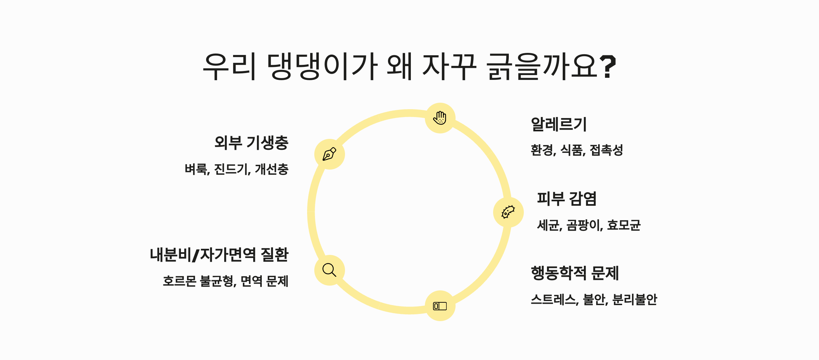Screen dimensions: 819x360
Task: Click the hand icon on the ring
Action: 440,118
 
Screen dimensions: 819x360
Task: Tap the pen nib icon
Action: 329,154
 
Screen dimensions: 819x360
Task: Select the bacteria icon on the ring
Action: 508,212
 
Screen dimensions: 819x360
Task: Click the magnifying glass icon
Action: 329,270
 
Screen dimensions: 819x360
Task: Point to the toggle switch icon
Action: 440,306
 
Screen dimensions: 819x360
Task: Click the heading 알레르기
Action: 559,124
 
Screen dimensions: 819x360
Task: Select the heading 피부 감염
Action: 566,199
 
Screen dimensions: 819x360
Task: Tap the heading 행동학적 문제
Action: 575,273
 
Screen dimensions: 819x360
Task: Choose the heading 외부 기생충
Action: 252,143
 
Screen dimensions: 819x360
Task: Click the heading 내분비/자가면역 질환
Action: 219,255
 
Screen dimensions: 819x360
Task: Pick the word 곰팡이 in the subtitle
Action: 584,225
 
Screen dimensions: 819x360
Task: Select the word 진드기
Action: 232,169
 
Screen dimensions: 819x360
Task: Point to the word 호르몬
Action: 179,282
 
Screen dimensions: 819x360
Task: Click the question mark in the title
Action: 608,67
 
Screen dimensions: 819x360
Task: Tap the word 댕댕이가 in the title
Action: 322,67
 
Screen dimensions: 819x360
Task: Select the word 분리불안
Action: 634,300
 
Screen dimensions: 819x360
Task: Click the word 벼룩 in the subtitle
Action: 196,169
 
